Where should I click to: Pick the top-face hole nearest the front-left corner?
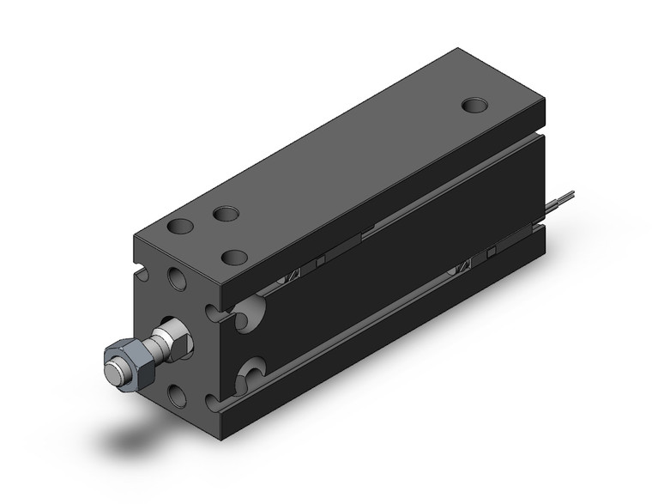pos(180,228)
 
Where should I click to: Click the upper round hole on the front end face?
pos(178,279)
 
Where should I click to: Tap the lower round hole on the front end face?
pos(178,394)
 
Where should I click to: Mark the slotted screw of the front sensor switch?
pos(293,275)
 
